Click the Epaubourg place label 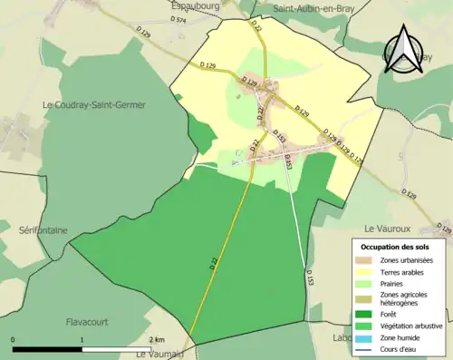[197, 5]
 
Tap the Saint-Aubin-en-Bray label [313, 8]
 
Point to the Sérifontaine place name [43, 230]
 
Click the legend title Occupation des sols [397, 247]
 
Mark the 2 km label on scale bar [156, 338]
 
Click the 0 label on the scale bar [13, 338]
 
